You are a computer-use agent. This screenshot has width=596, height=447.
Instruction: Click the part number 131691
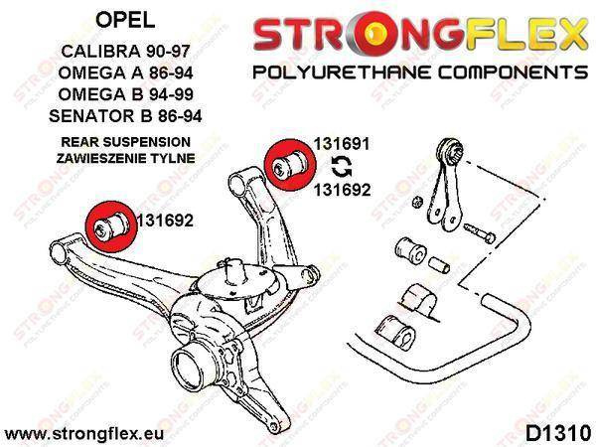(x=342, y=144)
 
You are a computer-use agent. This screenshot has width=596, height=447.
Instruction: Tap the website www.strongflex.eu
(x=84, y=434)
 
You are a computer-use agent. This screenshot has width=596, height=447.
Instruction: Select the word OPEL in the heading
(x=125, y=20)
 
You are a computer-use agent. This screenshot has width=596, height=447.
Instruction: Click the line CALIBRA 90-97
(x=125, y=51)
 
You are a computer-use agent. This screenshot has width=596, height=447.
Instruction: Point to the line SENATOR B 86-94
(x=125, y=116)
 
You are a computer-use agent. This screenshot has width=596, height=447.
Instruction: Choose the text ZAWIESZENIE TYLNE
(x=125, y=158)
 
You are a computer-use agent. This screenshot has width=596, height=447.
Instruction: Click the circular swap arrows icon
(x=342, y=167)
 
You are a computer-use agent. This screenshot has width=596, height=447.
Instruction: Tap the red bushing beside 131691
(x=290, y=164)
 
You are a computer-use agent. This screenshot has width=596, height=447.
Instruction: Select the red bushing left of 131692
(x=110, y=225)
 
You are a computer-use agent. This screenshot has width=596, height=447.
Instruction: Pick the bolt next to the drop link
(x=480, y=232)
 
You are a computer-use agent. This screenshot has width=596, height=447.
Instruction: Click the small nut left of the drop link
(x=417, y=202)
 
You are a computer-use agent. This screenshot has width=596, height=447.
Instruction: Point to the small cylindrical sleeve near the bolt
(x=439, y=265)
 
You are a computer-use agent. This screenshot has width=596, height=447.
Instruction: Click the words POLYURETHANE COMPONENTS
(x=420, y=72)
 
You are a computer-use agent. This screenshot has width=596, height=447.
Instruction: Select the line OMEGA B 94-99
(x=125, y=94)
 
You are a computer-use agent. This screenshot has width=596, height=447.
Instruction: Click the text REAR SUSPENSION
(x=125, y=142)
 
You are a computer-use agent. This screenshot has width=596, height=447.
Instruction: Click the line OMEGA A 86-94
(x=125, y=73)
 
